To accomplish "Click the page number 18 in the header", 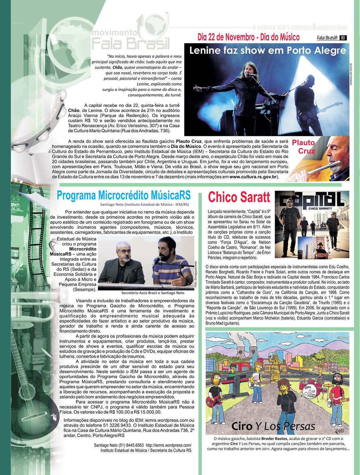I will pos(343,38).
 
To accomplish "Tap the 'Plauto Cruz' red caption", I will pos(303,147).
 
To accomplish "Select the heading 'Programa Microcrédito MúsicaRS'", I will pos(124,195).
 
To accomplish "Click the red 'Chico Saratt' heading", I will pos(239,197).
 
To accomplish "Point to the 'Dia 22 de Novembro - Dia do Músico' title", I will pos(248,37).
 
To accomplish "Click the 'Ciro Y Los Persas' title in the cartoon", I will pos(273,426).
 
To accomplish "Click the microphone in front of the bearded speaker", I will pos(157,260).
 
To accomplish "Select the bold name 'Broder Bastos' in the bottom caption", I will pos(274,439).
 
